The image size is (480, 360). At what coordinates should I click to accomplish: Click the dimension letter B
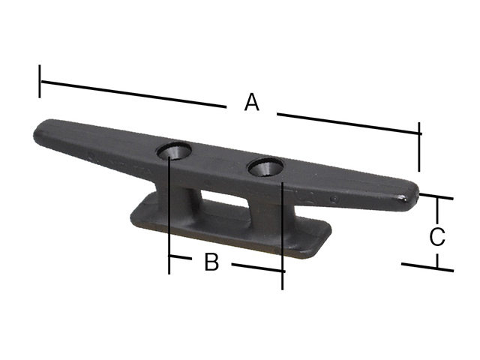[211, 262]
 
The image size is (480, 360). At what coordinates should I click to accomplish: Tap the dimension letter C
[436, 237]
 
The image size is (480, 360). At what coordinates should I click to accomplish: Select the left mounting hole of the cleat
[174, 151]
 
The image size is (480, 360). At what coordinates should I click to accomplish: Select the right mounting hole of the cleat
[265, 167]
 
